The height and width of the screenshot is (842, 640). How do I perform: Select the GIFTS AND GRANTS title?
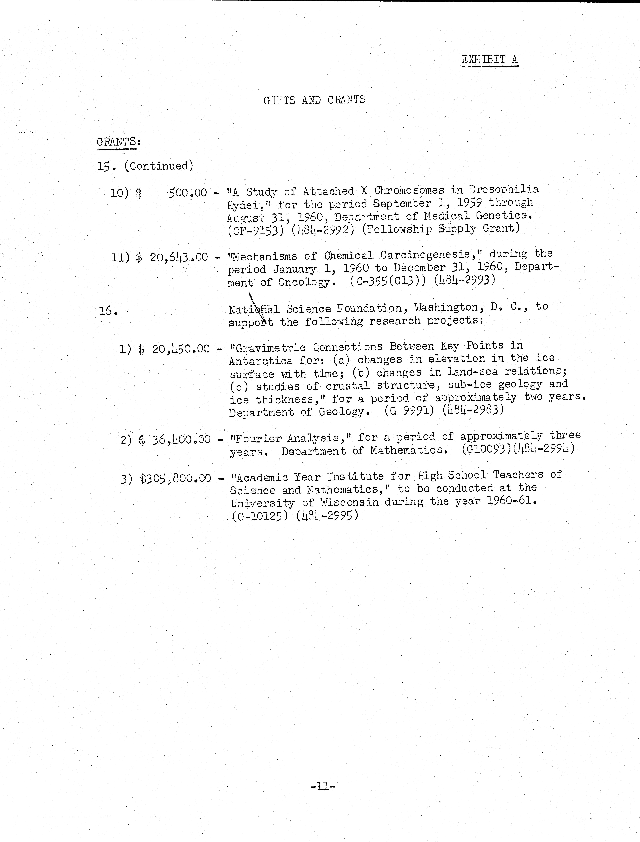click(314, 100)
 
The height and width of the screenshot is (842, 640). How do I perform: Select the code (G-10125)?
click(259, 516)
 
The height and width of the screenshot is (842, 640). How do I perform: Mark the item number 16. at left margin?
click(108, 311)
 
